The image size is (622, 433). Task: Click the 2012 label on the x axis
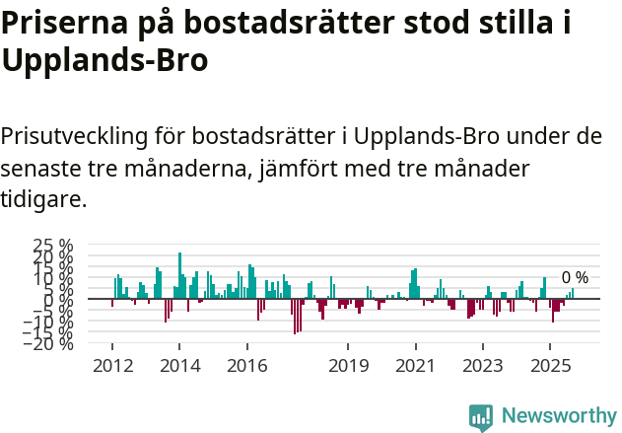[111, 366]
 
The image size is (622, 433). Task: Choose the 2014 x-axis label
[178, 366]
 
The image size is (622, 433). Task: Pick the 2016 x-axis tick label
[246, 366]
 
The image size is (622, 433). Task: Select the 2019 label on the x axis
[347, 366]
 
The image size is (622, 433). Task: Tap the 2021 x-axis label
[414, 366]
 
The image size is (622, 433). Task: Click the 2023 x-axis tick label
[482, 366]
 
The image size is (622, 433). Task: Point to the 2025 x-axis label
[549, 366]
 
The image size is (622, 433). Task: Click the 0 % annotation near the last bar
[575, 278]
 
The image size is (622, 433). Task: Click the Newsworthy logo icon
[481, 416]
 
